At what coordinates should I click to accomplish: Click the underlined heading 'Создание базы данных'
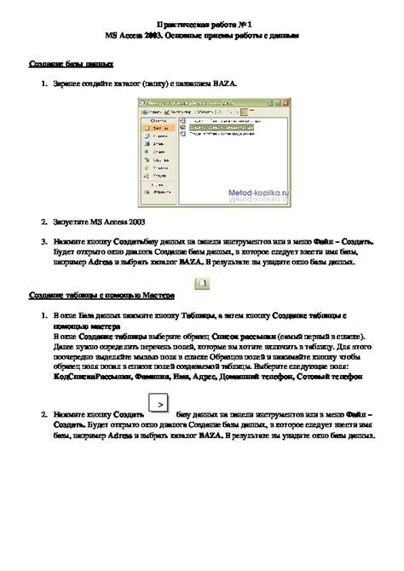[x=67, y=64]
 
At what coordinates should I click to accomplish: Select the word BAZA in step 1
[x=224, y=84]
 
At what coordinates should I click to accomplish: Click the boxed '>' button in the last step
[x=159, y=405]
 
